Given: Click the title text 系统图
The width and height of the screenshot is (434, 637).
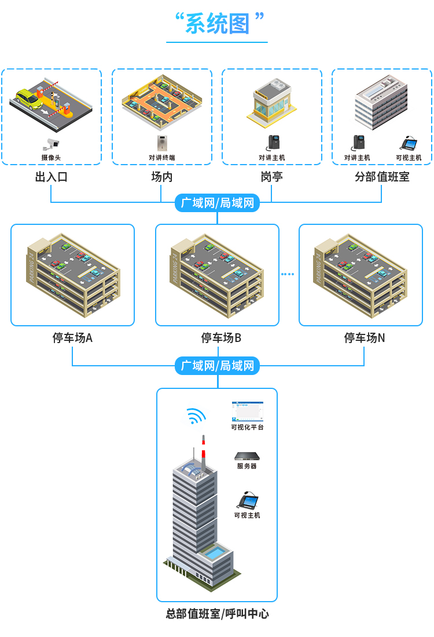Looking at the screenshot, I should (x=217, y=24).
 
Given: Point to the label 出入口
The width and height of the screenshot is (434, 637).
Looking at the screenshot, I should (x=51, y=177).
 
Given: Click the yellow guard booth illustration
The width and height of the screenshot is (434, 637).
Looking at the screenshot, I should (x=271, y=101).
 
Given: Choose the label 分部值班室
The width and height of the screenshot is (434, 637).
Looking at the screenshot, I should (x=382, y=177).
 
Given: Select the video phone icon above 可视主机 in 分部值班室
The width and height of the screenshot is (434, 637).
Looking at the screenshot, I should (x=410, y=143).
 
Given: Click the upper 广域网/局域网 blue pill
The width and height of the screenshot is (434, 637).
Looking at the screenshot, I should (x=217, y=203).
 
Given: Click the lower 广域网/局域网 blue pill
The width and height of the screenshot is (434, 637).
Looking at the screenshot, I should (x=217, y=366).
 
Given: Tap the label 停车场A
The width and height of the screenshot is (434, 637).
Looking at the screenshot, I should (x=72, y=338).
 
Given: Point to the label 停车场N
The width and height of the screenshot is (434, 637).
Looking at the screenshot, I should (x=364, y=338).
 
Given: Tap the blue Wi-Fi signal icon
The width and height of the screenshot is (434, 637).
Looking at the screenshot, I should (x=196, y=417).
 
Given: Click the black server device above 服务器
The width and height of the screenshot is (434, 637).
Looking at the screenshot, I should (x=247, y=456).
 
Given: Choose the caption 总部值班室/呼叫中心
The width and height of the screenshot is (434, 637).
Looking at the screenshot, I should (x=217, y=614).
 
